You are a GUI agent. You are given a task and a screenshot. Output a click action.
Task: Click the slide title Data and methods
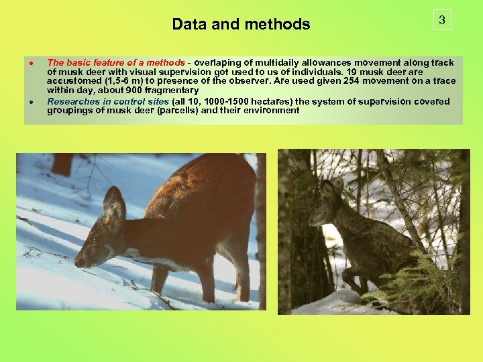(x=241, y=25)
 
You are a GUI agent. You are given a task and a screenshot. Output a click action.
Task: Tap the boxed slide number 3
(x=441, y=21)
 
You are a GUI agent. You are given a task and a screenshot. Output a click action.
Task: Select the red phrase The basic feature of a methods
(x=115, y=62)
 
